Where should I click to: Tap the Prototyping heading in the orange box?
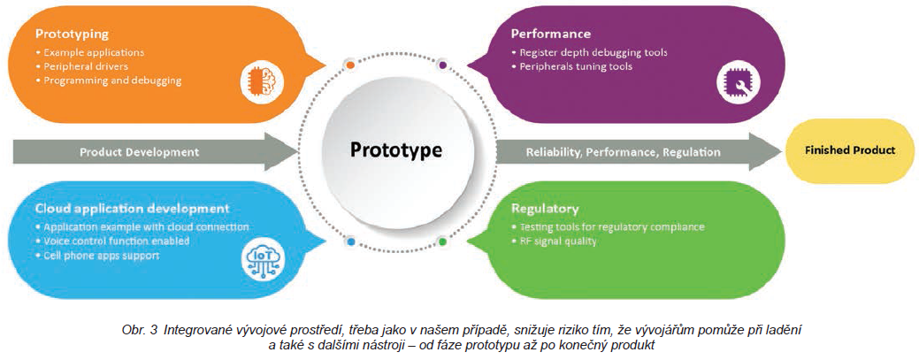(x=73, y=34)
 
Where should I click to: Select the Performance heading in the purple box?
(x=550, y=34)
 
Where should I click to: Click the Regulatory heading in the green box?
(x=545, y=210)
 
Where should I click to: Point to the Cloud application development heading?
(x=133, y=209)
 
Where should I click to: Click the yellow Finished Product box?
(x=850, y=149)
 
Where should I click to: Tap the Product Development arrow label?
(x=140, y=151)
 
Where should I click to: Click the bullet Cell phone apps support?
(x=101, y=255)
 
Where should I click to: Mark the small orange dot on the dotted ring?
(x=350, y=65)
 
